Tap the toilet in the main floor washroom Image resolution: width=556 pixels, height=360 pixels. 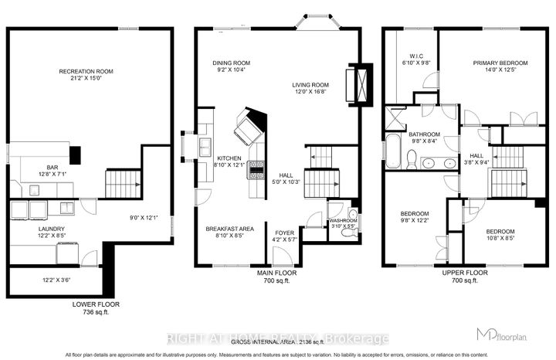[353, 216]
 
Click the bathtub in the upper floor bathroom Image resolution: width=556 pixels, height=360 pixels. [392, 150]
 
